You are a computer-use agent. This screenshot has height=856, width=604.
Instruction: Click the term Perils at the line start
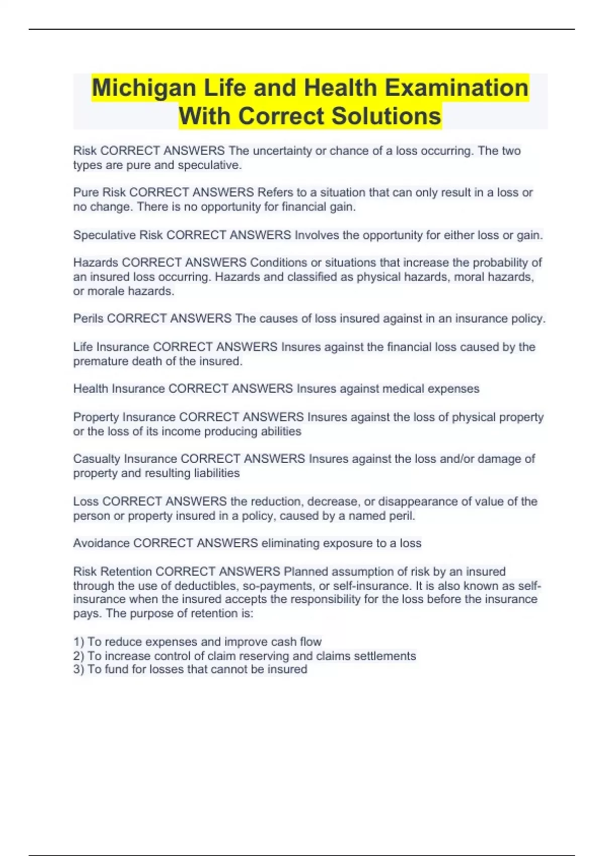pos(88,319)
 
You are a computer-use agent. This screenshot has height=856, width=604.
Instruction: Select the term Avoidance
pos(101,543)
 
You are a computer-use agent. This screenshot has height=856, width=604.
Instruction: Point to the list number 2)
pos(79,656)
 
